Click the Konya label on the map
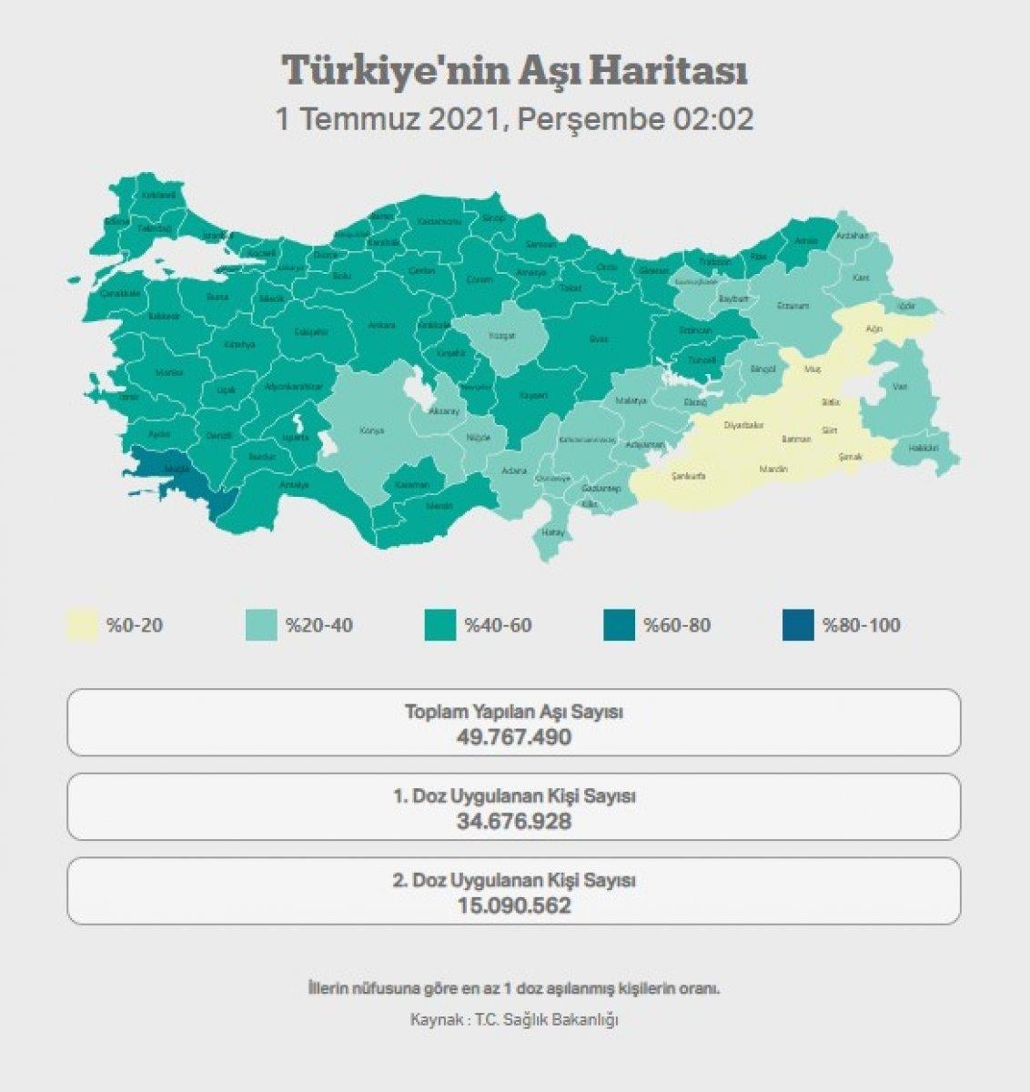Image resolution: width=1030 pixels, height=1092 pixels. click(371, 430)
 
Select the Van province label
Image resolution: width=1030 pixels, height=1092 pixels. click(900, 387)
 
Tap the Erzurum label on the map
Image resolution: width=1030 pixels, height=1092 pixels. click(793, 306)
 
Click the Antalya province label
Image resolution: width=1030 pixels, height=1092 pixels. click(294, 485)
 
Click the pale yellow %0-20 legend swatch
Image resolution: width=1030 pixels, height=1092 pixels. click(82, 626)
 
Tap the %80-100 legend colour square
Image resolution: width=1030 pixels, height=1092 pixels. click(798, 626)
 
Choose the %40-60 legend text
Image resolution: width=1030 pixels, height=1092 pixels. click(498, 626)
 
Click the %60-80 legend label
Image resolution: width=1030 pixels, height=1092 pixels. click(677, 626)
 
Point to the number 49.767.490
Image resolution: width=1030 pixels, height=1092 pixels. click(514, 736)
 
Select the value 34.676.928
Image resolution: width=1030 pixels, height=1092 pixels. click(514, 821)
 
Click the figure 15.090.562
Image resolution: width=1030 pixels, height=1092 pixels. click(514, 905)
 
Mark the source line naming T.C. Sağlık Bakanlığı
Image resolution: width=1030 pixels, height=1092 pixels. click(514, 1019)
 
